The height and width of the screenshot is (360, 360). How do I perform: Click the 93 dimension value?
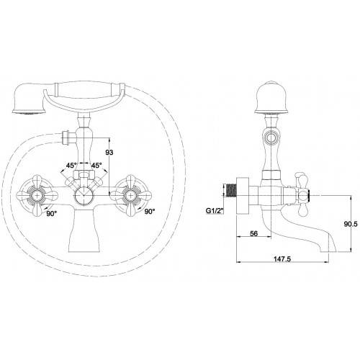point(109,152)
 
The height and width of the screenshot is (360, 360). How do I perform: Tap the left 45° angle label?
point(71,165)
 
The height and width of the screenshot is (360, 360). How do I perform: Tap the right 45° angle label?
point(96,165)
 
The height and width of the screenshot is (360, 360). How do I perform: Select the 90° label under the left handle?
point(51,213)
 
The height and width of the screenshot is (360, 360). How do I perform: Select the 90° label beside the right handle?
point(150,212)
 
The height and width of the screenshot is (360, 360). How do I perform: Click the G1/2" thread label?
point(215,211)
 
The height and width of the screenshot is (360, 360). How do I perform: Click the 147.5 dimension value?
point(282,259)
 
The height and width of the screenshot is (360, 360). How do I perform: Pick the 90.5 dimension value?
point(351,224)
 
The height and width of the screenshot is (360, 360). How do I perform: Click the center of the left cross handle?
point(37,196)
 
